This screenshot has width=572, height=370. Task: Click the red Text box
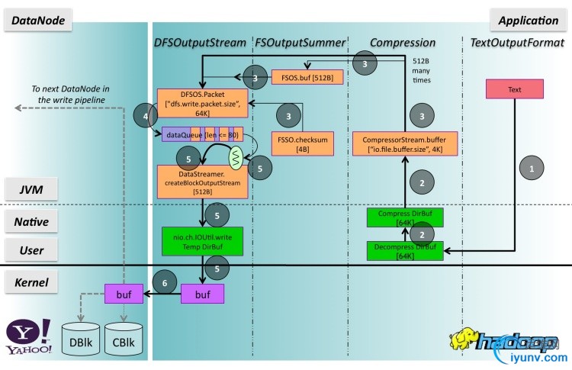515,89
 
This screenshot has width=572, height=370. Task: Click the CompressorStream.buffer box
404,143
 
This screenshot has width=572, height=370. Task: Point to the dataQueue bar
203,134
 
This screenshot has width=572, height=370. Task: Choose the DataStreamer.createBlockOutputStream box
203,181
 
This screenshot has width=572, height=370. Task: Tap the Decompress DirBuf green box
404,251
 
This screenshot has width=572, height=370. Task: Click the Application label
529,21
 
